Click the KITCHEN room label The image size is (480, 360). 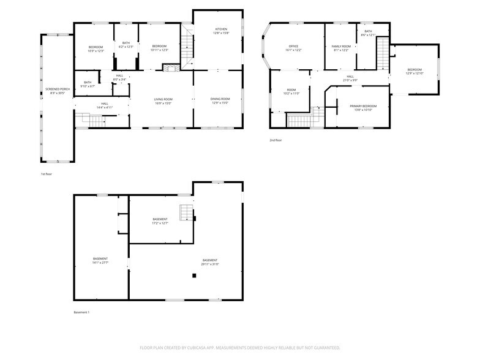tap(220, 31)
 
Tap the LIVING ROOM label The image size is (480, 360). tap(163, 101)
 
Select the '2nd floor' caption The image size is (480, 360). tap(276, 140)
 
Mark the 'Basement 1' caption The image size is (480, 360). tap(81, 312)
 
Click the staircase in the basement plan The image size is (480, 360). tap(186, 213)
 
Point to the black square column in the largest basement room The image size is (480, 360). tap(194, 276)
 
